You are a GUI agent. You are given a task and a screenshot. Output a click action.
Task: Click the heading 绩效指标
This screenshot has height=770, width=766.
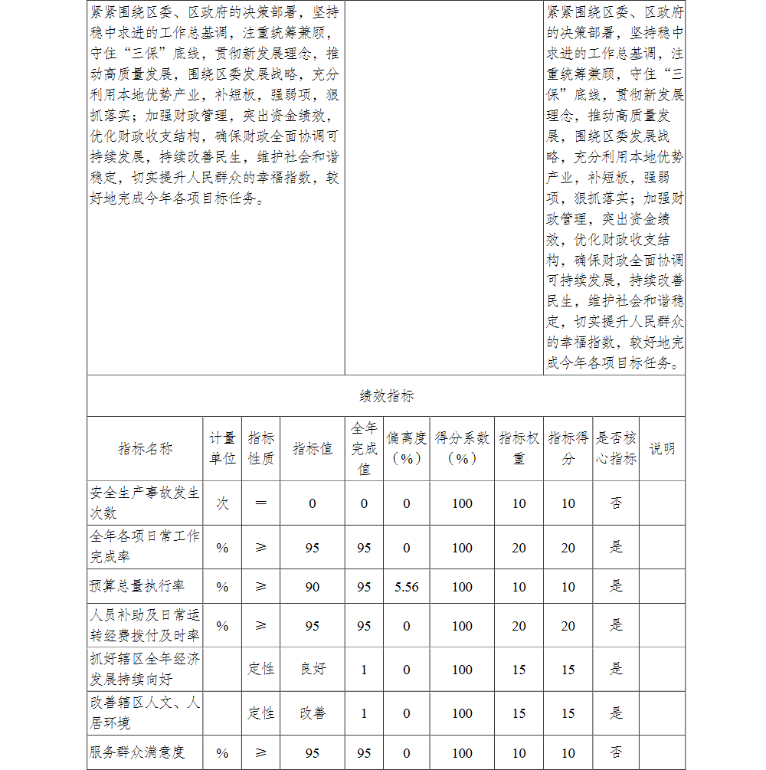pos(387,396)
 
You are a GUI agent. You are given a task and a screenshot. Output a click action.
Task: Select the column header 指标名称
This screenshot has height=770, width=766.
pos(146,449)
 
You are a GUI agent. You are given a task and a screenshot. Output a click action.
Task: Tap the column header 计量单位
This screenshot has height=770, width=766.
pos(222,448)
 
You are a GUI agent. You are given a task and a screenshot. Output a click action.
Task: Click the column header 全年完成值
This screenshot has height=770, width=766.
pos(364,448)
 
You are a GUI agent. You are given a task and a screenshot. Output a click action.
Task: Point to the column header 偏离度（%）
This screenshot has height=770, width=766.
pos(407,448)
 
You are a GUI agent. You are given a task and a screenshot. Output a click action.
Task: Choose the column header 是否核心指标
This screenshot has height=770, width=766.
pos(616,448)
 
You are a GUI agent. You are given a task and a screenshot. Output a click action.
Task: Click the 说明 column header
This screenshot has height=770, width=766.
pos(662,449)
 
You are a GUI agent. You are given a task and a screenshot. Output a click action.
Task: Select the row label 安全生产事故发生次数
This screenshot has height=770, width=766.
pos(145,503)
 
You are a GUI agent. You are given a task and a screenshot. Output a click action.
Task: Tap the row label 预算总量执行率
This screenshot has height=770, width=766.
pos(137,587)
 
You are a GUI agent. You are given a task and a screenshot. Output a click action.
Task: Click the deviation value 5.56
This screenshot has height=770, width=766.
pos(407,587)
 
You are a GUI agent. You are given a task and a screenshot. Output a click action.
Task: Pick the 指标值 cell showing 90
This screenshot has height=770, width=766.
pos(313,587)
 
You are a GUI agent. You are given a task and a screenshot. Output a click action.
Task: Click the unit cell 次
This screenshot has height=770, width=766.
pos(222,503)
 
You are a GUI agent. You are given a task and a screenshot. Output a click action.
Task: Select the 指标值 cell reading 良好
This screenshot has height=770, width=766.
pos(313,669)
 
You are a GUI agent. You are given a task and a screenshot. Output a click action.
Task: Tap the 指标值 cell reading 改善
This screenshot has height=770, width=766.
pos(313,713)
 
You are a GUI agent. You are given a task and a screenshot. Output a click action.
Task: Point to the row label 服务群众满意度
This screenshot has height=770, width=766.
pos(137,752)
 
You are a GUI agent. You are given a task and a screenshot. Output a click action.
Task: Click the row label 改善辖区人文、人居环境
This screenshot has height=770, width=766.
pos(145,713)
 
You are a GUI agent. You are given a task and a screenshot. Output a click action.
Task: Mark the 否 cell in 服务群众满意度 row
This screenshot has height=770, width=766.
pos(616,752)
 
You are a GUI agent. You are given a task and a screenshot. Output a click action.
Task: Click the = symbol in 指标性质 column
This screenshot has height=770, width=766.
pos(261,503)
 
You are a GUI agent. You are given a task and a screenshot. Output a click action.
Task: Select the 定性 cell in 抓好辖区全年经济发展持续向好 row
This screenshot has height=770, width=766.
pos(261,669)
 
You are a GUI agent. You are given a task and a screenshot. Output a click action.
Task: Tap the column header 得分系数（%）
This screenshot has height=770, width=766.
pos(462,448)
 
